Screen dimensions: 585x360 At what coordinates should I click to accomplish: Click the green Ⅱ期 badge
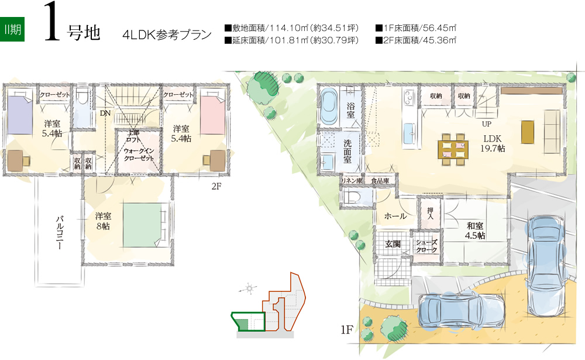click(x=12, y=29)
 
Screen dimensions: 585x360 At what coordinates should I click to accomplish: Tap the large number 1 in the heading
click(x=52, y=22)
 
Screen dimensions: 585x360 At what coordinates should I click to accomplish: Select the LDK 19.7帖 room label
click(x=493, y=143)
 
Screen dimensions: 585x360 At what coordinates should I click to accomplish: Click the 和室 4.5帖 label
click(x=475, y=231)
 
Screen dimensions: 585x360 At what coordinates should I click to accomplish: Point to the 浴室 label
click(x=350, y=110)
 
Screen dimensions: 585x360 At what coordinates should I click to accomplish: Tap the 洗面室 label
click(x=347, y=151)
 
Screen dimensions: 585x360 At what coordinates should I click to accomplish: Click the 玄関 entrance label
click(x=393, y=244)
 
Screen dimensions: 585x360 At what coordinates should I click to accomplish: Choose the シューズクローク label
click(x=426, y=246)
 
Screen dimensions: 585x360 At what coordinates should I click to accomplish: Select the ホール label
click(x=395, y=216)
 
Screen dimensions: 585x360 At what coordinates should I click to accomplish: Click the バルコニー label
click(x=60, y=232)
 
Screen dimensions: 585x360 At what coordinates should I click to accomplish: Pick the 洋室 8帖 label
click(x=103, y=221)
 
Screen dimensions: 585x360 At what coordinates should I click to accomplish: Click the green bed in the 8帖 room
click(x=144, y=225)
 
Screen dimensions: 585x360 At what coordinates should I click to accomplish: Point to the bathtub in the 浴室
click(x=329, y=107)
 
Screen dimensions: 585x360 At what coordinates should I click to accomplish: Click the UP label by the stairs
click(x=487, y=124)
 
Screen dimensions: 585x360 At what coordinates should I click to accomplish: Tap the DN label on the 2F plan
click(x=105, y=113)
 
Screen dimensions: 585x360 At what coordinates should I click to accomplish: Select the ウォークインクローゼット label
click(x=139, y=154)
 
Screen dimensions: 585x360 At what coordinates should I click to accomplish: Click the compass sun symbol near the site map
click(x=249, y=289)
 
